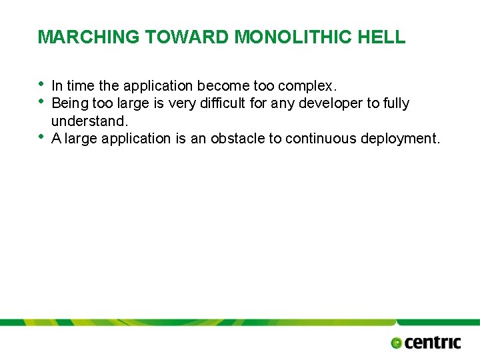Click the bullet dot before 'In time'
pyautogui.click(x=42, y=84)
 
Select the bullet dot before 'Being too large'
pyautogui.click(x=42, y=101)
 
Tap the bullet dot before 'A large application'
pyautogui.click(x=42, y=137)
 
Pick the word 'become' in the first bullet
pyautogui.click(x=223, y=86)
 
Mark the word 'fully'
pyautogui.click(x=397, y=103)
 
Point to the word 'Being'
pyautogui.click(x=69, y=103)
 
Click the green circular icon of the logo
pyautogui.click(x=397, y=343)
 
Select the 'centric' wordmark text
pyautogui.click(x=432, y=342)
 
